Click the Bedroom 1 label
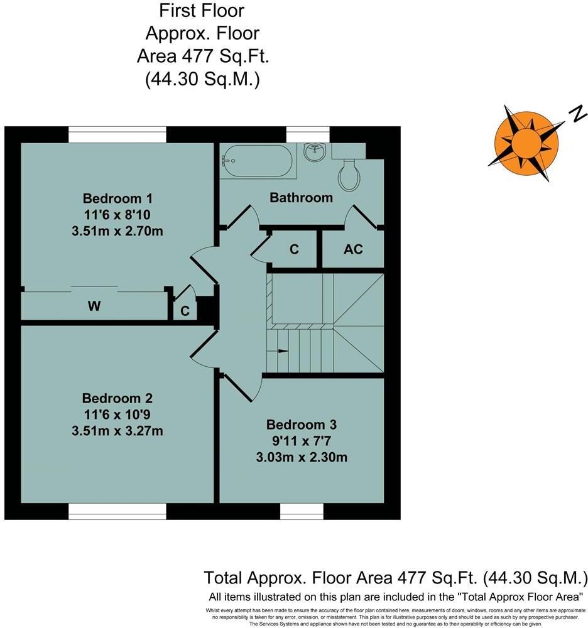[x=117, y=198]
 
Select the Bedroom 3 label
[x=301, y=425]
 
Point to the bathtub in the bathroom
[x=258, y=161]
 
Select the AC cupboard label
[x=353, y=249]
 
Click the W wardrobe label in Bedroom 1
[x=94, y=306]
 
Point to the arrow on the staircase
[x=282, y=350]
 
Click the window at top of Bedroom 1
[x=117, y=134]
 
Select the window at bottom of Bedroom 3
[x=302, y=512]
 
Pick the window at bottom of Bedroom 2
[x=117, y=512]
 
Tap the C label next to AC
[x=294, y=249]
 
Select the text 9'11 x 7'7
[x=301, y=440]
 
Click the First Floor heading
[x=202, y=11]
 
